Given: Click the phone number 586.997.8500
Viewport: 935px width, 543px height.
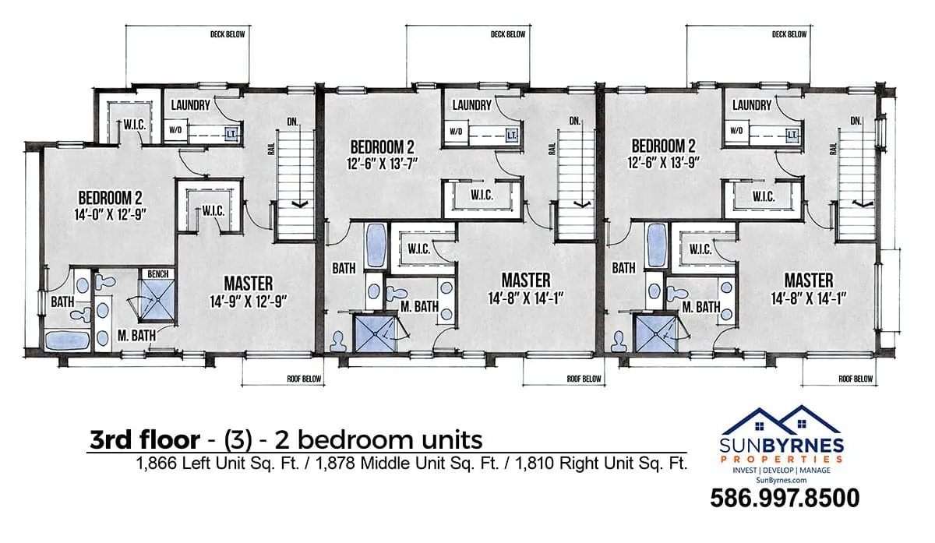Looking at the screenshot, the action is coord(785,499).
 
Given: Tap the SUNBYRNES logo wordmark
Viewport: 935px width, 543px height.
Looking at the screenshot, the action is coord(782,446).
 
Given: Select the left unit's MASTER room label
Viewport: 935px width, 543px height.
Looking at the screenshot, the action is coord(249,284).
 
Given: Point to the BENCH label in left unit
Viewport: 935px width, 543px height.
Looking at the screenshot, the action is coord(157,273).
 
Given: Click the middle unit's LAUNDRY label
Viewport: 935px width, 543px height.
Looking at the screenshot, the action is coord(472,104).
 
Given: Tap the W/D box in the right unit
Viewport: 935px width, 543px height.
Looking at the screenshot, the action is coord(736,131).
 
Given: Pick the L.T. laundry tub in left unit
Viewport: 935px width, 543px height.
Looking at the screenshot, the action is coord(231,135).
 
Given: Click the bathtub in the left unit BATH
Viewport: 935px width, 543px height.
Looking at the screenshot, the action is coord(67,340).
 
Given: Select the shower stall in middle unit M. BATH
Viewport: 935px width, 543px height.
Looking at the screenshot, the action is coord(375,333).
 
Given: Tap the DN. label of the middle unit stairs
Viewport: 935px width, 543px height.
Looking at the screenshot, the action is coord(575,121).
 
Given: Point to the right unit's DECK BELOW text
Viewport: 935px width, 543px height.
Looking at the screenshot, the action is coord(789,34).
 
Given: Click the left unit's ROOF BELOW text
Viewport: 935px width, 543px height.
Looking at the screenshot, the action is coord(304,379).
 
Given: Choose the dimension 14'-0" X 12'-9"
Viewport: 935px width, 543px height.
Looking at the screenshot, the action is coord(110,214).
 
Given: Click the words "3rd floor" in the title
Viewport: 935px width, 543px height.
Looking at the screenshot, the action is coord(145,440).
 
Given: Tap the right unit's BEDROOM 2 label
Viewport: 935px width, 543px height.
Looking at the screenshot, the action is coord(663,146).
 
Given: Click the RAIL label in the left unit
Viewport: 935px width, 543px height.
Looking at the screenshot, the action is coord(271,150).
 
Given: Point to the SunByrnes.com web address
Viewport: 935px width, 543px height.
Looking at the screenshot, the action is coord(782,480).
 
